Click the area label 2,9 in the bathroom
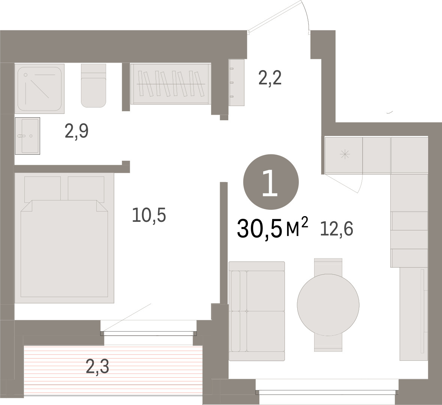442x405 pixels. point(76,131)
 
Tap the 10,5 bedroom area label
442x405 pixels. point(149,215)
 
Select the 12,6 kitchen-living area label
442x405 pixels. point(337,229)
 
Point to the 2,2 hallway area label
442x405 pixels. point(270,78)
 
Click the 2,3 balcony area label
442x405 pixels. point(97,367)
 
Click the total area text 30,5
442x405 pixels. point(260,229)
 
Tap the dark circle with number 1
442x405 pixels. point(271,182)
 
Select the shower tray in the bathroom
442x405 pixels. point(39,88)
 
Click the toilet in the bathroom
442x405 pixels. point(94,86)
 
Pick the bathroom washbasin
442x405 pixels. point(27,136)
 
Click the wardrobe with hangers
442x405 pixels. point(171,84)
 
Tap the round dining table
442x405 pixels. point(328,305)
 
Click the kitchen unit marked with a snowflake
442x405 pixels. point(344,155)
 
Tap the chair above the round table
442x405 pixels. point(328,266)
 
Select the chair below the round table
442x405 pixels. point(328,343)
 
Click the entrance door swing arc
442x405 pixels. point(307,14)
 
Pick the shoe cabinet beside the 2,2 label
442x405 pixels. point(237,82)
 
